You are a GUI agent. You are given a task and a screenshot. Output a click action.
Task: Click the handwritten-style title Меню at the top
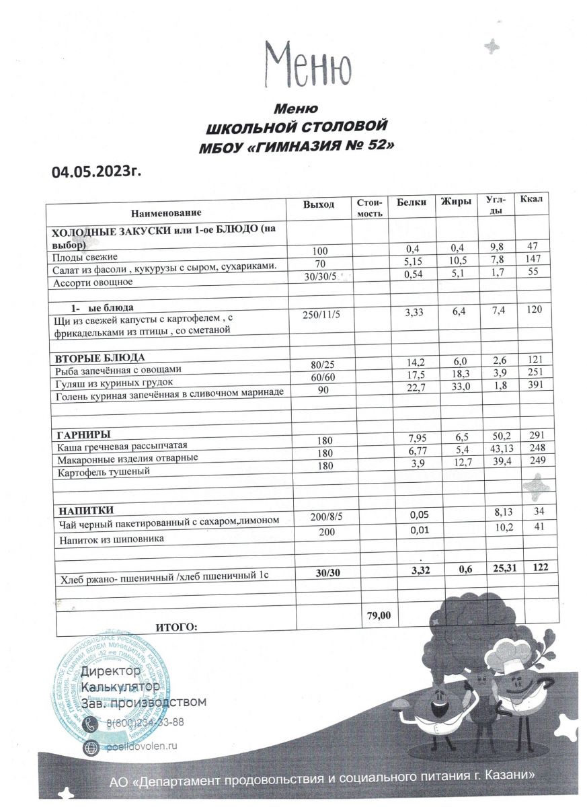pyautogui.click(x=307, y=63)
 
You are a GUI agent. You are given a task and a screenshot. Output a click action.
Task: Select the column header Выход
pyautogui.click(x=319, y=204)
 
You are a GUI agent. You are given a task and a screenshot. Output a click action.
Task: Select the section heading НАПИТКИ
pyautogui.click(x=85, y=510)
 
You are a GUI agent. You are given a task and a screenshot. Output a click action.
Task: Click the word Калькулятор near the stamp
pyautogui.click(x=120, y=687)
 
